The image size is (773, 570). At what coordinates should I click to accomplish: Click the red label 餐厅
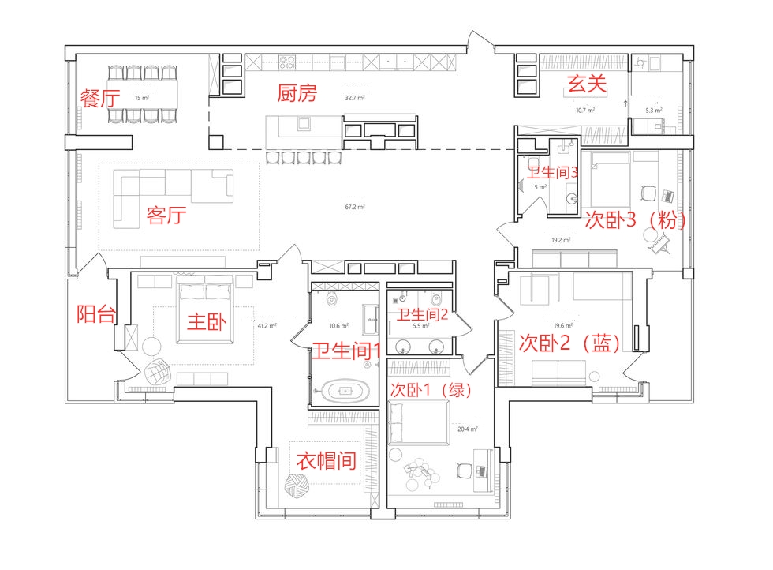click(x=100, y=98)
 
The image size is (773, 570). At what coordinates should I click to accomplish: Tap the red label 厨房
click(x=297, y=93)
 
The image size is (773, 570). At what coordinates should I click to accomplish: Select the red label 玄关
click(x=587, y=83)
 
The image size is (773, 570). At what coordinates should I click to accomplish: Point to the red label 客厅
click(x=166, y=216)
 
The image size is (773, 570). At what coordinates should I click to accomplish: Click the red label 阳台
click(x=96, y=314)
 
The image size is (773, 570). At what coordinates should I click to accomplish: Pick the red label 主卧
click(x=207, y=322)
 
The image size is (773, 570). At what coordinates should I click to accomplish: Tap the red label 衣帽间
click(x=327, y=461)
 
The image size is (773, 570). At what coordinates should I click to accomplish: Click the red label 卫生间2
click(x=423, y=314)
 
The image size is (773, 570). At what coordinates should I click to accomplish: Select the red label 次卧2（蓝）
click(x=569, y=343)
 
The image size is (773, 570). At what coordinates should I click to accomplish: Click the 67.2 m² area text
click(x=355, y=207)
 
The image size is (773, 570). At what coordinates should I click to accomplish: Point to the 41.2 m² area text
click(x=267, y=326)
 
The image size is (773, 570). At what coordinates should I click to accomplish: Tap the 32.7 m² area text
click(x=355, y=98)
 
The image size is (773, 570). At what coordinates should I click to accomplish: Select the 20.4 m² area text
click(x=467, y=429)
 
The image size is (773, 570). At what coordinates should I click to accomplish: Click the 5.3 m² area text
click(x=654, y=110)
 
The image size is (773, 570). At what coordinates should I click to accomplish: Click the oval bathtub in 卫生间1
click(x=345, y=391)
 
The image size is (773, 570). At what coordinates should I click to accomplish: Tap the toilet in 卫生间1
click(x=332, y=298)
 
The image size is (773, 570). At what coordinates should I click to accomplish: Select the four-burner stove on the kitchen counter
click(x=287, y=62)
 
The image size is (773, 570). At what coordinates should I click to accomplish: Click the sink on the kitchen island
click(x=304, y=123)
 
